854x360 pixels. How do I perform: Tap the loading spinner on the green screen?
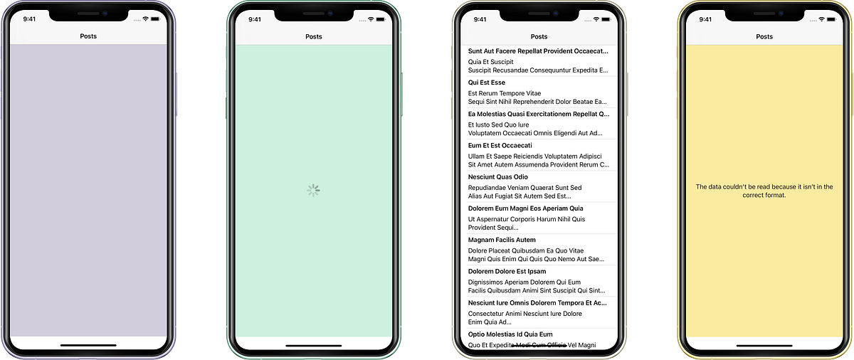(x=314, y=190)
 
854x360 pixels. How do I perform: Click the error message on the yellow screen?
(x=764, y=191)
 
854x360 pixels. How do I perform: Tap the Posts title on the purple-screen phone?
(x=88, y=36)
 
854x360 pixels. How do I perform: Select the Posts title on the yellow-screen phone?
(x=764, y=36)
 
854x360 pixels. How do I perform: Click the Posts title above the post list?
(x=539, y=36)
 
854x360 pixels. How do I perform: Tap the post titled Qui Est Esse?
(x=487, y=83)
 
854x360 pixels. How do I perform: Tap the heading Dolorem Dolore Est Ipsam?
(x=507, y=271)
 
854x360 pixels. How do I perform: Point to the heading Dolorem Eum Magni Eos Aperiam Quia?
(x=525, y=208)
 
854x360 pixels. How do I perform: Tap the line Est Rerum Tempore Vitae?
(x=505, y=93)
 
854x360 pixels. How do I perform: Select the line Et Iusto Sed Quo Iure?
(x=499, y=125)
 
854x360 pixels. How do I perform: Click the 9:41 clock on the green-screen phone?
(x=254, y=19)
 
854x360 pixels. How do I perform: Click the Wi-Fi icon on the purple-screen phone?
(x=145, y=19)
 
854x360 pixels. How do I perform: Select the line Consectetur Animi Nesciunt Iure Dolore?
(x=525, y=313)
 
